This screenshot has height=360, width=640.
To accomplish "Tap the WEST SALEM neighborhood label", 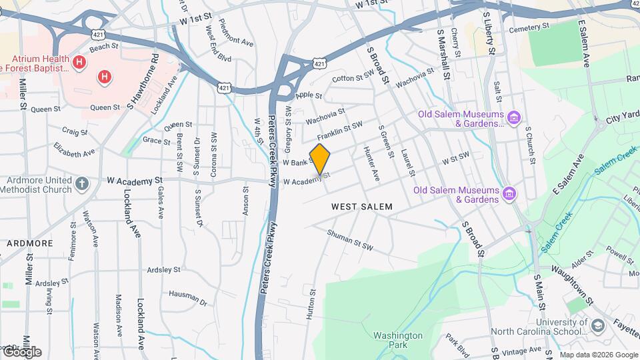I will pyautogui.click(x=362, y=207).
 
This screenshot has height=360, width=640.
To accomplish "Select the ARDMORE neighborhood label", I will pyautogui.click(x=29, y=243).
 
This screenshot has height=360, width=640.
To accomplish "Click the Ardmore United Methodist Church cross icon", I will pyautogui.click(x=81, y=183).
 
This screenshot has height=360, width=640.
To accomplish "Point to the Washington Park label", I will pyautogui.click(x=398, y=341).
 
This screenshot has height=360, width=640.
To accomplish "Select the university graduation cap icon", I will pyautogui.click(x=597, y=325).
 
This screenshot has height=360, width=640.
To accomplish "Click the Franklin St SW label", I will pyautogui.click(x=339, y=131).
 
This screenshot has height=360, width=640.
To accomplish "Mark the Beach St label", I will pyautogui.click(x=103, y=48).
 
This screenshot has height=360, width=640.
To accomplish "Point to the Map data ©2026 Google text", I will pyautogui.click(x=597, y=354).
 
